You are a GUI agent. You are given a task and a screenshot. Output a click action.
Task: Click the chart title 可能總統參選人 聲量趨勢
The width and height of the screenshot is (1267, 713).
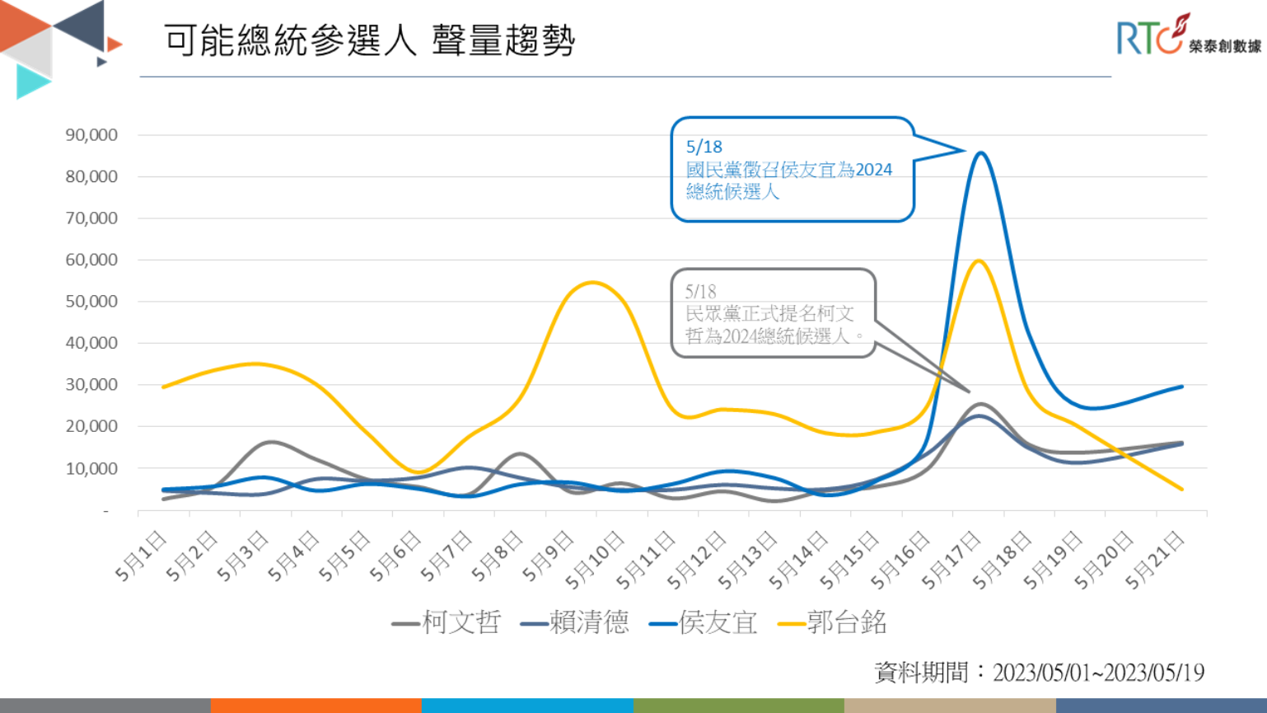(369, 40)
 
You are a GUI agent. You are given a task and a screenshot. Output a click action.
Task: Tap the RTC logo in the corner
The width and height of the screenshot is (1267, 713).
(1187, 36)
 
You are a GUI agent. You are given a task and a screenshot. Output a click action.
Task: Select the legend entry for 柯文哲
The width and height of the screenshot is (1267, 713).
(447, 622)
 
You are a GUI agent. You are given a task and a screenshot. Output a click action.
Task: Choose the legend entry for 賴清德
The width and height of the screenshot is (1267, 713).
(575, 622)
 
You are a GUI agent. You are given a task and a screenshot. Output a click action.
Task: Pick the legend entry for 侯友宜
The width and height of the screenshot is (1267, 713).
(704, 622)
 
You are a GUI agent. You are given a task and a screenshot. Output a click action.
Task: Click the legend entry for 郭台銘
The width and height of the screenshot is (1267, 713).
(833, 622)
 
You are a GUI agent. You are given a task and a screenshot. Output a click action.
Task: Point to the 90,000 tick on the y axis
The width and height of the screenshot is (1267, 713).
(91, 135)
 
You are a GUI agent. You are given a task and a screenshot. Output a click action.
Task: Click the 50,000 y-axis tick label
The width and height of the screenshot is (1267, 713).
(91, 302)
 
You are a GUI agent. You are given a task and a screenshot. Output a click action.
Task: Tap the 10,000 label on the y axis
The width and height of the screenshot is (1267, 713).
(91, 468)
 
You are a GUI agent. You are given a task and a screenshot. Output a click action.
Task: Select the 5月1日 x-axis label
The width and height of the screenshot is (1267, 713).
(142, 556)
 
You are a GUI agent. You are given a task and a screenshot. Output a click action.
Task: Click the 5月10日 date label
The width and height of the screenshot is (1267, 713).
(596, 561)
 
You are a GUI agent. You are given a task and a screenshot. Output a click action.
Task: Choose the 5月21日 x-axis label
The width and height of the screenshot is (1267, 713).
(1155, 561)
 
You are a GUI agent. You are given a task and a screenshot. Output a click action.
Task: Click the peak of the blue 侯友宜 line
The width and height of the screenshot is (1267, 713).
(980, 152)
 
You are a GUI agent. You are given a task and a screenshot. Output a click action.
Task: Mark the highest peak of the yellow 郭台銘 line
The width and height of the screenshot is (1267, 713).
(979, 260)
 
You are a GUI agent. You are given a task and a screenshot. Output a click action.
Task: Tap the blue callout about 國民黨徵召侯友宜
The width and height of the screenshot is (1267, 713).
(792, 170)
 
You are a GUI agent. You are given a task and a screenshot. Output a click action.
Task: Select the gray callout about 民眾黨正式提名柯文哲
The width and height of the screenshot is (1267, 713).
(773, 314)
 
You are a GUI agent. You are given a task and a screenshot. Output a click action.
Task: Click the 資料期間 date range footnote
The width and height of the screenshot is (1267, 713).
(1039, 673)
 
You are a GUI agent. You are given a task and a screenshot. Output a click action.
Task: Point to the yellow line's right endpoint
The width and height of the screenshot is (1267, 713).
(1182, 489)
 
